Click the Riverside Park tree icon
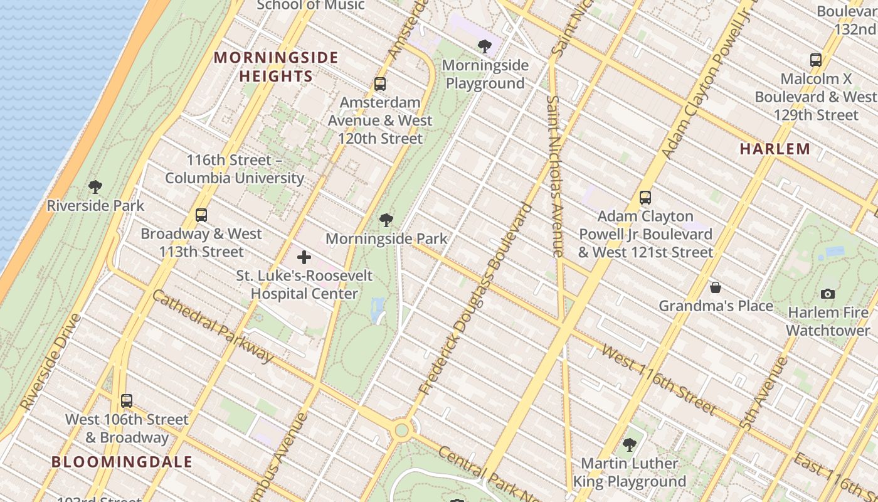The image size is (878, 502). pos(95,186)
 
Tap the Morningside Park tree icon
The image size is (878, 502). pos(386,220)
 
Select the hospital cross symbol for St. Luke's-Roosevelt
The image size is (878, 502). pos(304,257)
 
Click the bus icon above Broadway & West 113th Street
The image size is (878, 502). pos(201,215)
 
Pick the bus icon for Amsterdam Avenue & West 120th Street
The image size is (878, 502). pos(380,84)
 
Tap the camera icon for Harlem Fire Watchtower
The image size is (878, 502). pos(828,294)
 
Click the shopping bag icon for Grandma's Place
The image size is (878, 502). pos(716,287)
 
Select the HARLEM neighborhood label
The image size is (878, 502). pos(775,149)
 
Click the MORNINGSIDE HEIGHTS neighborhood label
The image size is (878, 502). pos(276,67)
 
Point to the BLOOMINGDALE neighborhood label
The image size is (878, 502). pos(122,462)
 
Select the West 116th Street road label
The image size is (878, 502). pos(658,379)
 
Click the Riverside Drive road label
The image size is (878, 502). pos(51,363)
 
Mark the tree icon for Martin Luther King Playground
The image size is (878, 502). pos(630,445)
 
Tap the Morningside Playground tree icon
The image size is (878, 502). pos(484,46)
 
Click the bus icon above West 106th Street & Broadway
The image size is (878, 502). pos(127,401)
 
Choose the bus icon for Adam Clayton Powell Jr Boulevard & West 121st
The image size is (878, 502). pos(645,198)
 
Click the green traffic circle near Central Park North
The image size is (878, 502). pos(401,430)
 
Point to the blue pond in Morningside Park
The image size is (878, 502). pos(378,311)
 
